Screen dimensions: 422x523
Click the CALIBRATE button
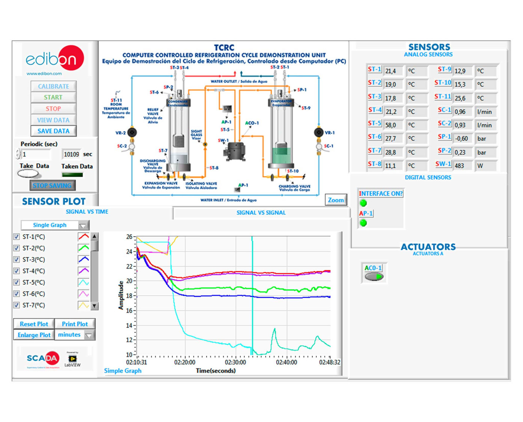[53, 86]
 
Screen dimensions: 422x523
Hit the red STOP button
[53, 109]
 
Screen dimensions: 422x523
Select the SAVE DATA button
[53, 131]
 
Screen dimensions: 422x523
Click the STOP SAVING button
[52, 185]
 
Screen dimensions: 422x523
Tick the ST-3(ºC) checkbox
[17, 260]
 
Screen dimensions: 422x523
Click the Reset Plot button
[34, 324]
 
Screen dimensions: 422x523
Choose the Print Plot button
[75, 324]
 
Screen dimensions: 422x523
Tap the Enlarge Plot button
[34, 335]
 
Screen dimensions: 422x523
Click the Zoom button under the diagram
[336, 200]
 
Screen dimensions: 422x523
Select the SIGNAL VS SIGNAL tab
[261, 213]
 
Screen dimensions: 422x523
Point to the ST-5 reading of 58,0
[390, 125]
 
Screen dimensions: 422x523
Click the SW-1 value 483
[459, 166]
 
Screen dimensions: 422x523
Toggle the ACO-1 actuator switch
[374, 277]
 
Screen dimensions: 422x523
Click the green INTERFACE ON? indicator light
[363, 203]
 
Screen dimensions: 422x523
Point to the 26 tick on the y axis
[129, 237]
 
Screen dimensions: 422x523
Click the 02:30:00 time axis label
[235, 362]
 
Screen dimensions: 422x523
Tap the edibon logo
[55, 59]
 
